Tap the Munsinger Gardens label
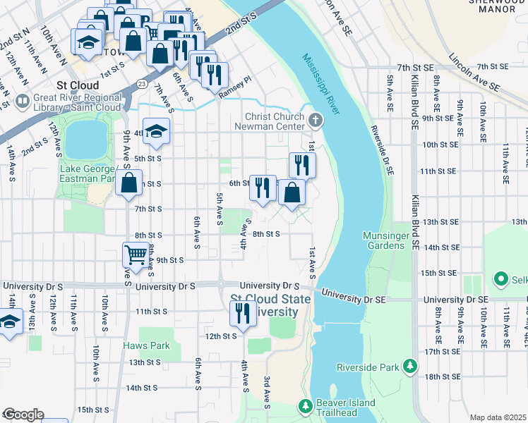383,240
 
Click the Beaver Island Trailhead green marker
305,407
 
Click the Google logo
23,415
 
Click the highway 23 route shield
142,82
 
